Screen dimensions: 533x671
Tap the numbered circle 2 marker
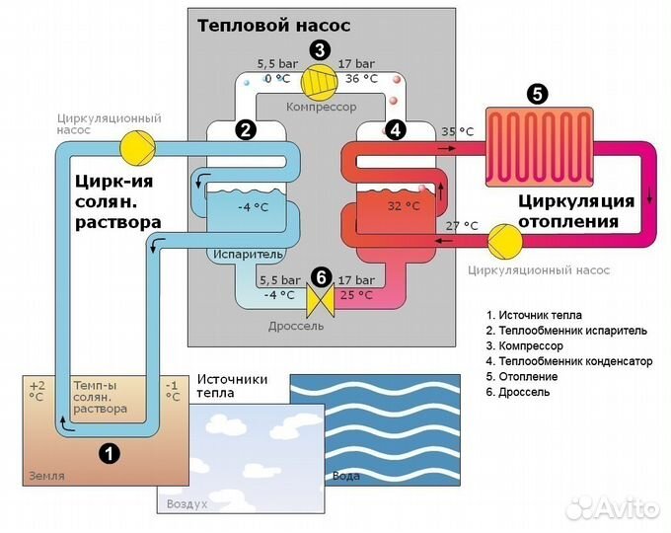[246, 128]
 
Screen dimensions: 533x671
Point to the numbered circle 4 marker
[395, 128]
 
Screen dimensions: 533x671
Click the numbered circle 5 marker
[537, 94]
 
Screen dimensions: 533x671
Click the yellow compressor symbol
[319, 79]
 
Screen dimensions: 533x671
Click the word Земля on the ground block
[46, 476]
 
